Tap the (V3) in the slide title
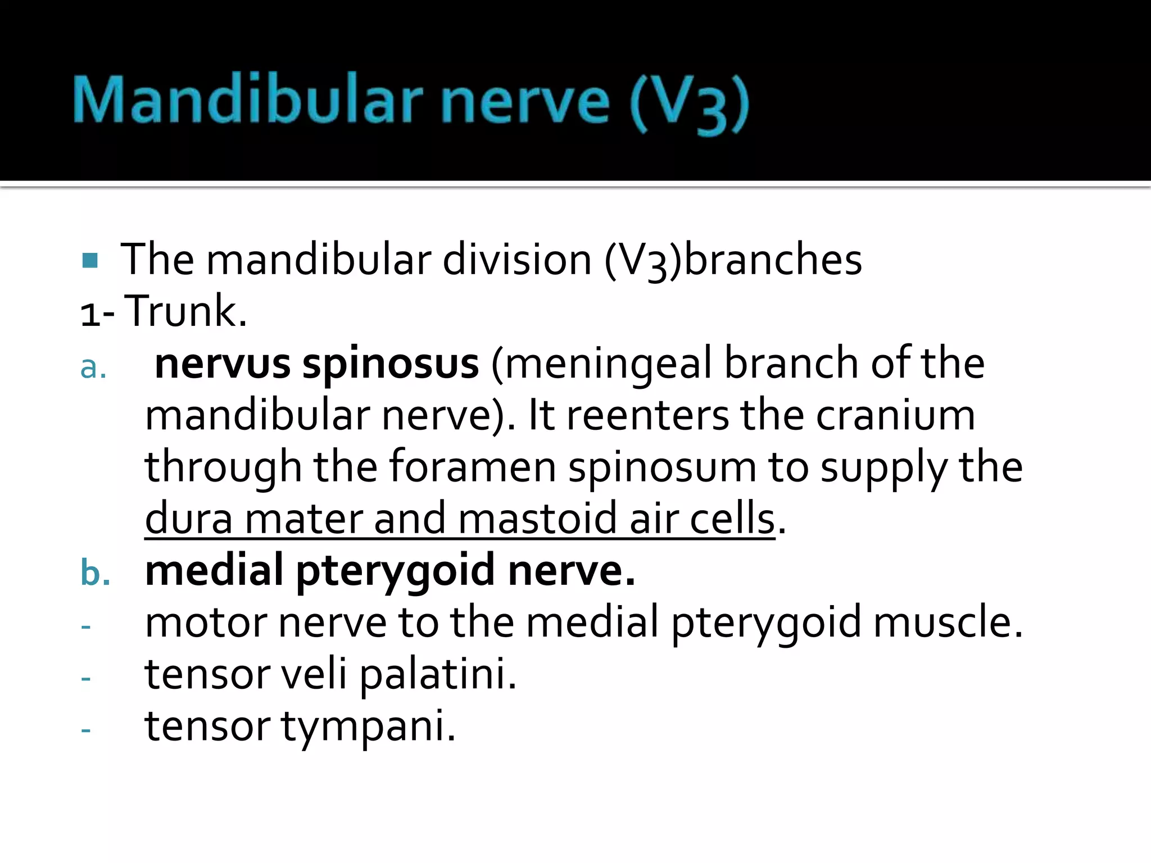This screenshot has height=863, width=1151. [689, 104]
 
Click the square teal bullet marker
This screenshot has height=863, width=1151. [90, 260]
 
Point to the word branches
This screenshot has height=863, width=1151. [773, 260]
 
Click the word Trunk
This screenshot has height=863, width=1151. [185, 311]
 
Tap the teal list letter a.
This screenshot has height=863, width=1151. [93, 367]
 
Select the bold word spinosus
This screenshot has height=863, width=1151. [391, 364]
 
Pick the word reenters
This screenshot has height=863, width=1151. [646, 416]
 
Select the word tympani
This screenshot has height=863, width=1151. [368, 726]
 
